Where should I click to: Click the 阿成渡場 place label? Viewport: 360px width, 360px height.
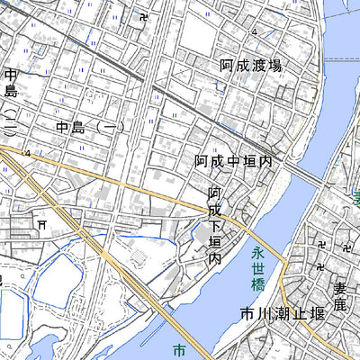coord(251,66)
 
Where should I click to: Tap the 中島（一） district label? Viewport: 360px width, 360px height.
coord(89,128)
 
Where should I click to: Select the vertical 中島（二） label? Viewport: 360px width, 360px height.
coord(10,100)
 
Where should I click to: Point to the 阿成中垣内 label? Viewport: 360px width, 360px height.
coord(233,161)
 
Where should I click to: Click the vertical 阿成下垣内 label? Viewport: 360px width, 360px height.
coord(215,224)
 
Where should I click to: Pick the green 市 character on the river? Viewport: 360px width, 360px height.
coord(178,350)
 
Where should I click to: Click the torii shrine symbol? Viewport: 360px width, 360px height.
coord(40,222)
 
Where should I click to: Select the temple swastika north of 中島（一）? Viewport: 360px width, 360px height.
coord(146,17)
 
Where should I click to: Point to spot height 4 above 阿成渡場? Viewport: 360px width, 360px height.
coord(255,33)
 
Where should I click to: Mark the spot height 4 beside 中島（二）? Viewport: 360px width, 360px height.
coord(27,154)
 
